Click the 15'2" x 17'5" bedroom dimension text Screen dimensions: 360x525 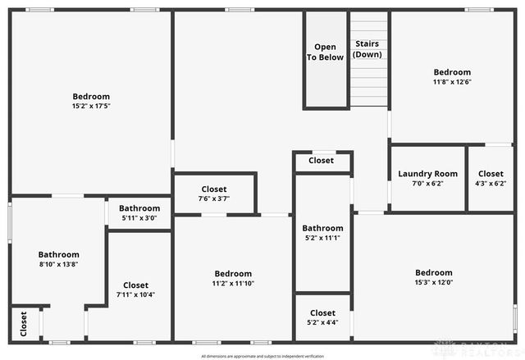click(91, 106)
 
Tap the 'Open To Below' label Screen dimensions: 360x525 click(326, 52)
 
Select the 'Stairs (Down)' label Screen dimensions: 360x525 click(367, 48)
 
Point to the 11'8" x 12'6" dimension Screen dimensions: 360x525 click(453, 82)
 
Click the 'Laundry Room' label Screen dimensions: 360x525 click(427, 174)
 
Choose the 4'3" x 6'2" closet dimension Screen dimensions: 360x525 click(491, 184)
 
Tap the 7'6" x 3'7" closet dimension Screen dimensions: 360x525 click(214, 198)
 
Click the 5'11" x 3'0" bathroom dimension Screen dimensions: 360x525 click(139, 218)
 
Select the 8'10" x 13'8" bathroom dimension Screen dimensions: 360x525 click(58, 264)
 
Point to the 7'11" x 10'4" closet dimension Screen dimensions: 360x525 click(136, 294)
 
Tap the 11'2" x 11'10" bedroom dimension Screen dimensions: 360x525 click(233, 284)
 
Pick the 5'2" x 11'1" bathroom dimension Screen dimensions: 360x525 click(322, 238)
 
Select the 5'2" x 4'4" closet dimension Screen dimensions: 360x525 click(322, 322)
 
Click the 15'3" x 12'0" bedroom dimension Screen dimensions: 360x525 click(433, 283)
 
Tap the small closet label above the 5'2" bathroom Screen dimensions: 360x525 click(322, 161)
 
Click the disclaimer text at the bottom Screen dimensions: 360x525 click(262, 356)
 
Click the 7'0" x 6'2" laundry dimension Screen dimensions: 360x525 click(427, 184)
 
